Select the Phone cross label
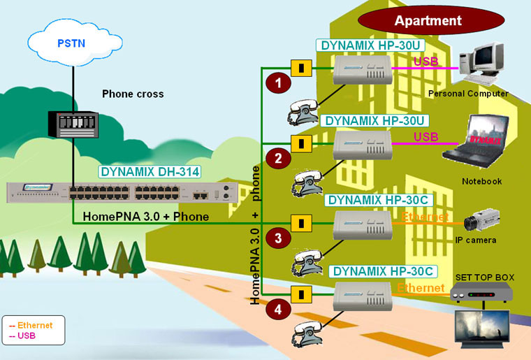133,94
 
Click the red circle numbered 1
279,83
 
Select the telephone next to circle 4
306,332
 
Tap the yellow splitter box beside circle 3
301,223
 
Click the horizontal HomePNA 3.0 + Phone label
145,217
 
